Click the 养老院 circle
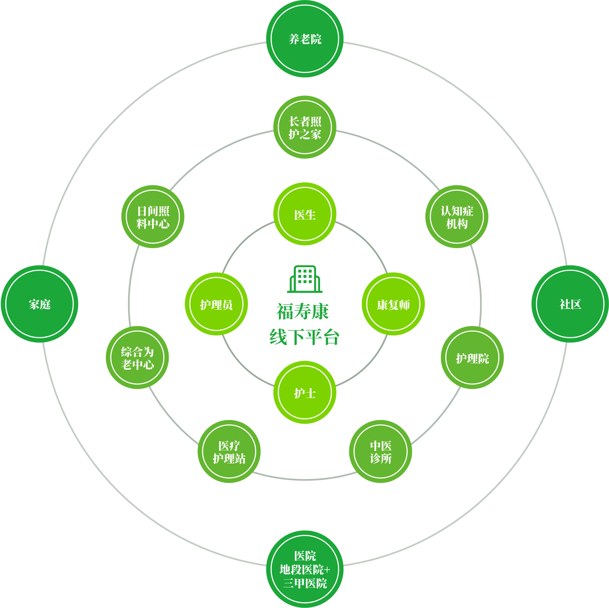305,39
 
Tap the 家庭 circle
40,304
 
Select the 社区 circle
570,304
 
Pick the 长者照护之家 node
305,127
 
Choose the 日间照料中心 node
153,217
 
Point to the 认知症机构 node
457,217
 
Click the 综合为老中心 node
137,358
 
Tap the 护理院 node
472,358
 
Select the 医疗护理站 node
229,451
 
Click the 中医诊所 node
380,451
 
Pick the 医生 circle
305,214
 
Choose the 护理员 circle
216,304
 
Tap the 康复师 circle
393,304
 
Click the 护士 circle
305,393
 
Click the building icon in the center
305,279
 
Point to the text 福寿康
302,311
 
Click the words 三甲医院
305,583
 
